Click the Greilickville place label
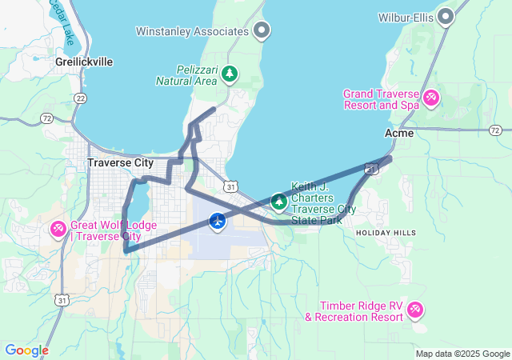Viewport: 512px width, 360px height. click(x=84, y=62)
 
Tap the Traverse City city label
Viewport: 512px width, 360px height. click(x=120, y=162)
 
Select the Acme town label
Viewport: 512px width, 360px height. click(x=399, y=134)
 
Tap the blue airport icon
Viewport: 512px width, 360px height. click(x=218, y=221)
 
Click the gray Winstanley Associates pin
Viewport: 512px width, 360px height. click(x=260, y=31)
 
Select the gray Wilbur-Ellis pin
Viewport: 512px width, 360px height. click(x=445, y=16)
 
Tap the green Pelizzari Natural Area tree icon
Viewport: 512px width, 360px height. click(x=230, y=74)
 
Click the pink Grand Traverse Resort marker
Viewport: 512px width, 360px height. click(x=430, y=98)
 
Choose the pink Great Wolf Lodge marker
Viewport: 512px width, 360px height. click(x=58, y=230)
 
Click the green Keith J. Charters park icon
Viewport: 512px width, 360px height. click(x=278, y=201)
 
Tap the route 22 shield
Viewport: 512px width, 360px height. click(x=79, y=98)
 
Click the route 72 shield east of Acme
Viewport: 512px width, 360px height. click(x=495, y=130)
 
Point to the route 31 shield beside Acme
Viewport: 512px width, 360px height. click(x=370, y=168)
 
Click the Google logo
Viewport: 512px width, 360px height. click(x=26, y=350)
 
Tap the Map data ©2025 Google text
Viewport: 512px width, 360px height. click(x=462, y=354)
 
